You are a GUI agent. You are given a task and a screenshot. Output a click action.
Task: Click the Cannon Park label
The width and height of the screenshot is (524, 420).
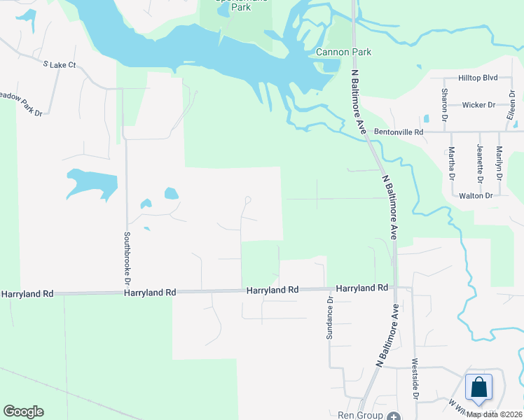[343, 52]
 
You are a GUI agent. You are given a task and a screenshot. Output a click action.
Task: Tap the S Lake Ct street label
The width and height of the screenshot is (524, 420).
[59, 64]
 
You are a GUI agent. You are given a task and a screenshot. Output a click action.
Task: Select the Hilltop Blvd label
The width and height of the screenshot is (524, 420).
[478, 78]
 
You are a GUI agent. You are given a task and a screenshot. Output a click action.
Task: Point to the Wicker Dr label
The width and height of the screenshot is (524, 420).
[478, 105]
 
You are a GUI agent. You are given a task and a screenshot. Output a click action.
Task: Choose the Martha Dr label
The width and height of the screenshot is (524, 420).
[452, 162]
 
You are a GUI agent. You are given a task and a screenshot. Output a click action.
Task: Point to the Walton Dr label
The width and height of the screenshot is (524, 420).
[476, 195]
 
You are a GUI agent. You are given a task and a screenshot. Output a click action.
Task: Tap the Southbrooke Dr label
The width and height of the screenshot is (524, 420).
[127, 256]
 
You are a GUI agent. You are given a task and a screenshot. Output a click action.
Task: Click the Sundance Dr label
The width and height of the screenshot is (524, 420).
[329, 317]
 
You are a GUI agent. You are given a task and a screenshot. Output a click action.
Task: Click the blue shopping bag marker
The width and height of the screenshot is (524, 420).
[478, 387]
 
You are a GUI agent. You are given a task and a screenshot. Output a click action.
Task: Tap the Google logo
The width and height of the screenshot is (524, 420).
[24, 412]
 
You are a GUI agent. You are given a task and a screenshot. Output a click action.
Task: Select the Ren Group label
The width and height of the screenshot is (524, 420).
[359, 415]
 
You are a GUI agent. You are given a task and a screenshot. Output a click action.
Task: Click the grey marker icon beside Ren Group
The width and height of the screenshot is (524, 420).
[394, 415]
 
